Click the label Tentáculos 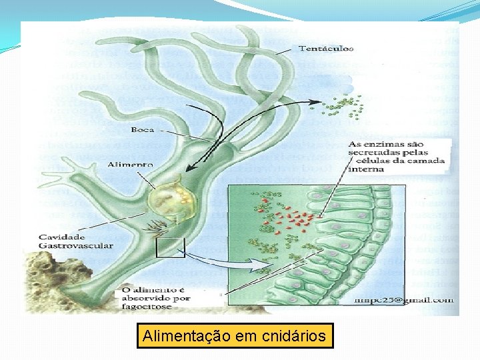[x=326, y=48]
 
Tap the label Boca [x=143, y=129]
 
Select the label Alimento [x=131, y=164]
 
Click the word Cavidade [x=61, y=237]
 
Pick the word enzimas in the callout [x=387, y=144]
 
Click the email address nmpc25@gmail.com [x=416, y=299]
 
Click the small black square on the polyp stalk [x=170, y=248]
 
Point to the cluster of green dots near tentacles [x=344, y=106]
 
